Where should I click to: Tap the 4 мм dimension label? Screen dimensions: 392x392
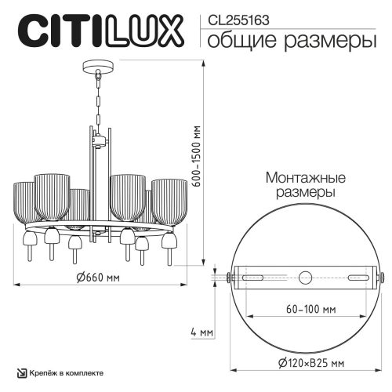[201, 332]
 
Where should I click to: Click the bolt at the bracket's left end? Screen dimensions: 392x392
[227, 277]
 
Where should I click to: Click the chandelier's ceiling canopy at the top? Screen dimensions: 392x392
[98, 67]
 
